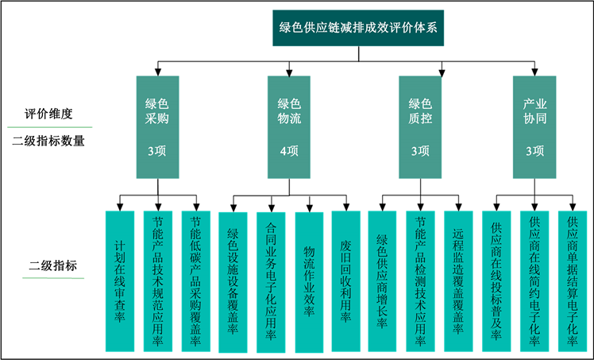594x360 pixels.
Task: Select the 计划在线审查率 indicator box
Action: (120, 281)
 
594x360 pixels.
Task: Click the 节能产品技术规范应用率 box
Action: (157, 281)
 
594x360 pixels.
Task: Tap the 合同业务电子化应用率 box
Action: (271, 281)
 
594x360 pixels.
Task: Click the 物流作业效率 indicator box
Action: (309, 281)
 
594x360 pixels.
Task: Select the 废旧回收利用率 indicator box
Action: (345, 281)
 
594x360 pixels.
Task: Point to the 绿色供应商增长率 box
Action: (384, 281)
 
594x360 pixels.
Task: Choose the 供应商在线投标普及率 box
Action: (496, 281)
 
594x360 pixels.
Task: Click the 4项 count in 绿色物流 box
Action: (289, 151)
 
